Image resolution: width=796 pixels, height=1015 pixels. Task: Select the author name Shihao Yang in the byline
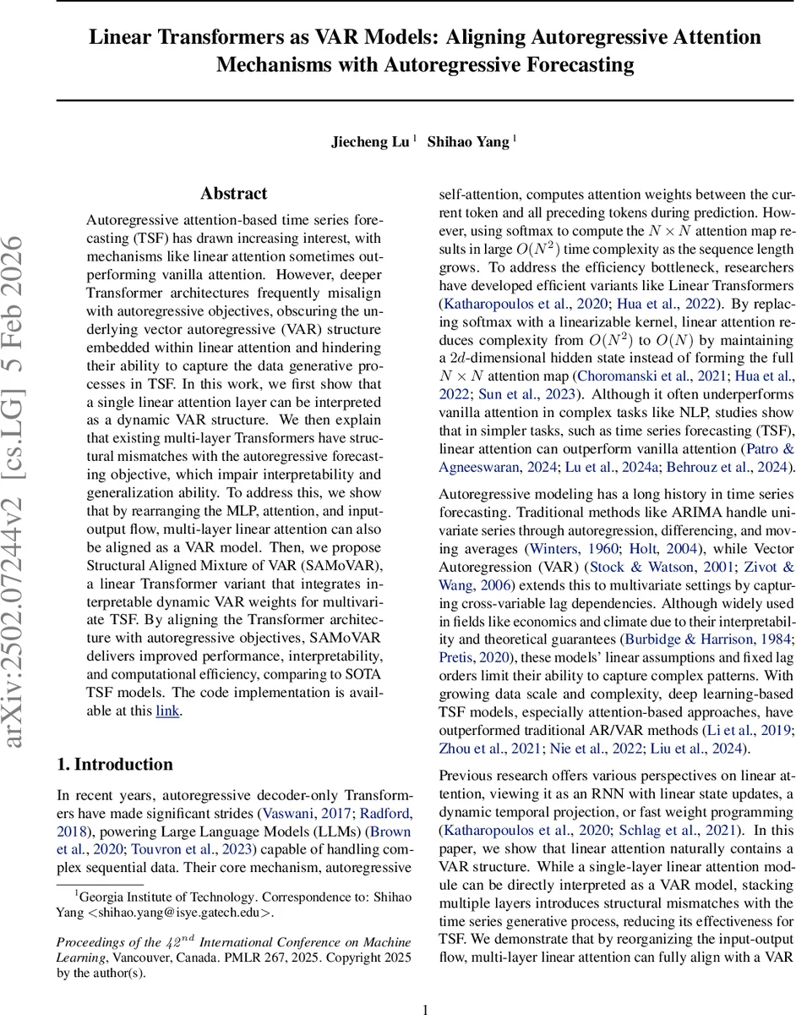[469, 142]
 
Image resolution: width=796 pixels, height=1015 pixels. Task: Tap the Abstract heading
[234, 194]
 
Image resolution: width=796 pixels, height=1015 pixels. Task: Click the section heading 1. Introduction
[115, 764]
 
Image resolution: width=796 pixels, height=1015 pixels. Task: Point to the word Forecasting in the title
[554, 64]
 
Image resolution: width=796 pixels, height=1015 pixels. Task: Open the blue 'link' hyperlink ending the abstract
[167, 710]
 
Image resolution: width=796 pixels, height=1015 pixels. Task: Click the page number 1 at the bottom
[426, 985]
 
